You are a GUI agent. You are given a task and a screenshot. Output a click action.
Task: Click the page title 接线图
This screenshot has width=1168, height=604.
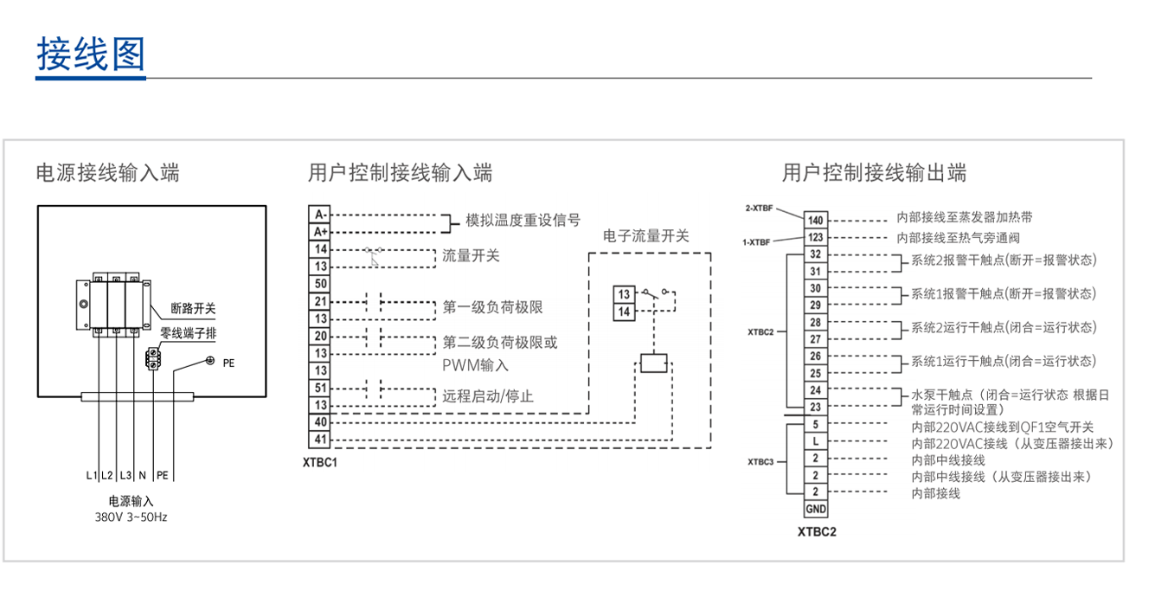90,54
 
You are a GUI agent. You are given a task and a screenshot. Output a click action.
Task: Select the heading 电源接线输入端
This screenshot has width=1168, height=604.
107,173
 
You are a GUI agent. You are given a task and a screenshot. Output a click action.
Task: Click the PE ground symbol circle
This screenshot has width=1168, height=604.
209,361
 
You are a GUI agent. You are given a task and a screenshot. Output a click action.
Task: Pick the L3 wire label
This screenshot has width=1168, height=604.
125,475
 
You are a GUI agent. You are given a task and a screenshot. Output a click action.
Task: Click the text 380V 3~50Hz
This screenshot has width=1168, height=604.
131,517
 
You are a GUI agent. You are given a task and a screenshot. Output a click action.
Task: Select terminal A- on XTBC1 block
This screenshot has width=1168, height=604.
320,214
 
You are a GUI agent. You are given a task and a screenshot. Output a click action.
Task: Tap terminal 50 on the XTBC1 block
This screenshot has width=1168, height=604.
320,283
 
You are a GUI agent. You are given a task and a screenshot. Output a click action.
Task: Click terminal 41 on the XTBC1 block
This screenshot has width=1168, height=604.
320,440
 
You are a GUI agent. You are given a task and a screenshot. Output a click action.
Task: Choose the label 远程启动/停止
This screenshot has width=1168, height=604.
488,396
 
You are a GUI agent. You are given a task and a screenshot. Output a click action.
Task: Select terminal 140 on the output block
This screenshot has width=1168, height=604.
816,220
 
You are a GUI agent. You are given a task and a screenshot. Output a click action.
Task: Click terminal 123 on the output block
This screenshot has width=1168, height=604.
816,237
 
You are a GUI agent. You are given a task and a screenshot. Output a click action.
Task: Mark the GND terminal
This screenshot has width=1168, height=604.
816,509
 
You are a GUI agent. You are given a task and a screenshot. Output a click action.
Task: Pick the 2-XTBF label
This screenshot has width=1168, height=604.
759,209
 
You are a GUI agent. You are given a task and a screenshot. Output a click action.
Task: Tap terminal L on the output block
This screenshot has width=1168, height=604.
816,441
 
